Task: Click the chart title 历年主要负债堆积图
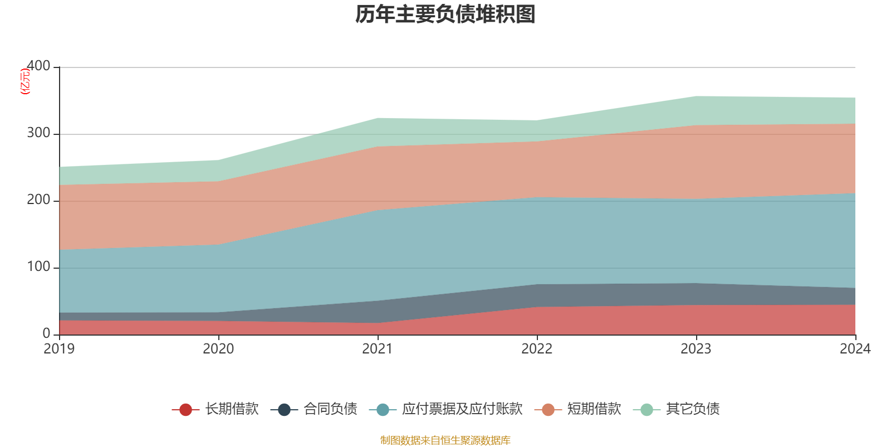pos(445,14)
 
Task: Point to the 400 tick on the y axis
pos(38,66)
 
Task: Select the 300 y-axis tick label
pos(38,133)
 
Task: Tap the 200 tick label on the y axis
pos(38,200)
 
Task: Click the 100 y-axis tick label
pos(38,267)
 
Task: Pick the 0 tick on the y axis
pos(46,333)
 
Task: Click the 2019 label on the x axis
pos(60,349)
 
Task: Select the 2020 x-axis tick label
pos(218,349)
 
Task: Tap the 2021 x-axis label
pos(378,349)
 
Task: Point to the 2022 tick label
pos(537,349)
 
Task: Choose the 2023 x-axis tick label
pos(696,349)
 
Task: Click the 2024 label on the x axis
pos(855,349)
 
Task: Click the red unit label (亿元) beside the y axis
pos(25,81)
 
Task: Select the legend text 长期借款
pos(232,409)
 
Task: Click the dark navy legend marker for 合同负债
pos(285,410)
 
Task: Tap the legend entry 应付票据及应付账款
pos(462,409)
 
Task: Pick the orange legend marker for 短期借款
pos(548,410)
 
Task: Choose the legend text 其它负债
pos(693,409)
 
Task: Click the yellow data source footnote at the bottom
pos(445,440)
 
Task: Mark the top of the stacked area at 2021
pos(378,118)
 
